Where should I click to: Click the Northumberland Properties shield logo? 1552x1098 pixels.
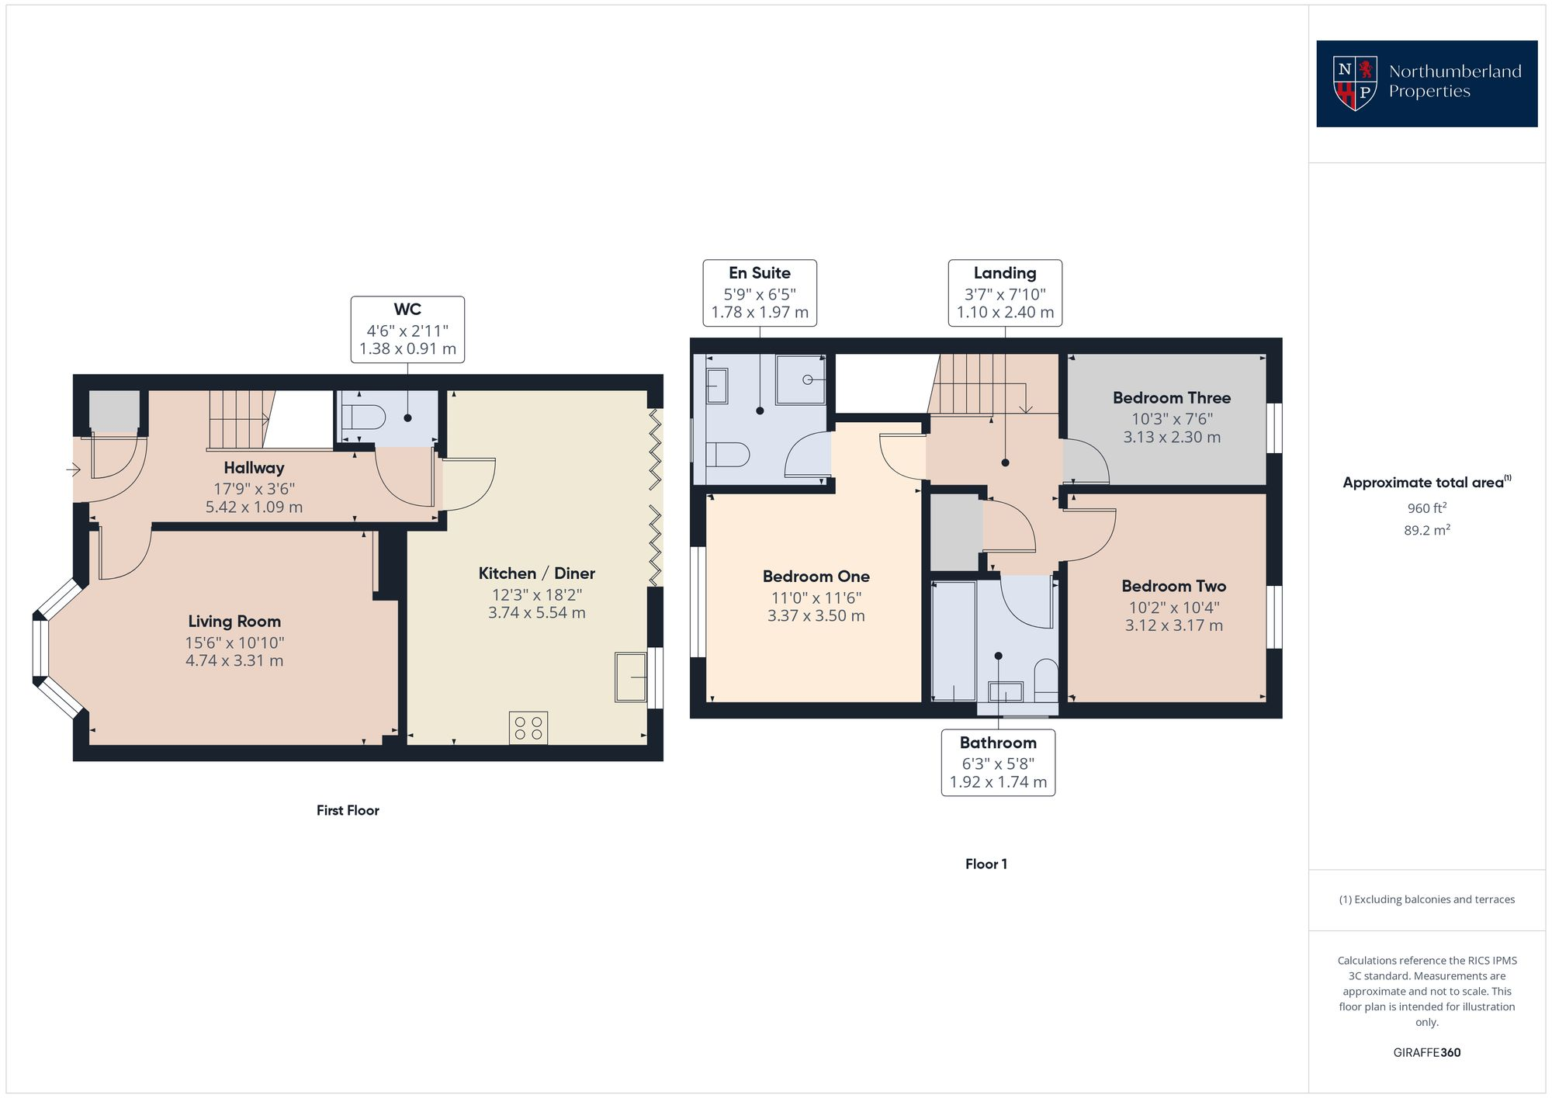pyautogui.click(x=1355, y=83)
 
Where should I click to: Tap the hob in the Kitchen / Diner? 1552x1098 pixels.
pyautogui.click(x=528, y=728)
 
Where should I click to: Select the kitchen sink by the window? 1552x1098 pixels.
pyautogui.click(x=631, y=677)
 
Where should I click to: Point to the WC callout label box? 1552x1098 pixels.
pyautogui.click(x=407, y=329)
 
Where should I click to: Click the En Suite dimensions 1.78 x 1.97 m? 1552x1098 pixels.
pyautogui.click(x=760, y=313)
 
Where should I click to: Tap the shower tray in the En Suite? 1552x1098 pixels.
pyautogui.click(x=801, y=379)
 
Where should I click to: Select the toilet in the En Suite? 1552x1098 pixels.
pyautogui.click(x=728, y=454)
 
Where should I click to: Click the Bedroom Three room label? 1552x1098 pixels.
pyautogui.click(x=1171, y=398)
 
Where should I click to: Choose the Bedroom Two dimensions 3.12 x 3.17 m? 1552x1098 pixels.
pyautogui.click(x=1173, y=625)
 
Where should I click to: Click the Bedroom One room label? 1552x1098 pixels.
pyautogui.click(x=816, y=577)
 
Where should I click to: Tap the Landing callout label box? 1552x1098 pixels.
pyautogui.click(x=1005, y=293)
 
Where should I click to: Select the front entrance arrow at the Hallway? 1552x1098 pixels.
pyautogui.click(x=74, y=469)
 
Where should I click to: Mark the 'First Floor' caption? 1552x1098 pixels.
pyautogui.click(x=348, y=810)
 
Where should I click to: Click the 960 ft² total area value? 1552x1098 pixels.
pyautogui.click(x=1426, y=508)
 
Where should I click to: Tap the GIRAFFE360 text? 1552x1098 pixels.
pyautogui.click(x=1426, y=1052)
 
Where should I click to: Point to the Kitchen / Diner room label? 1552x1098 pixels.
pyautogui.click(x=536, y=573)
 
